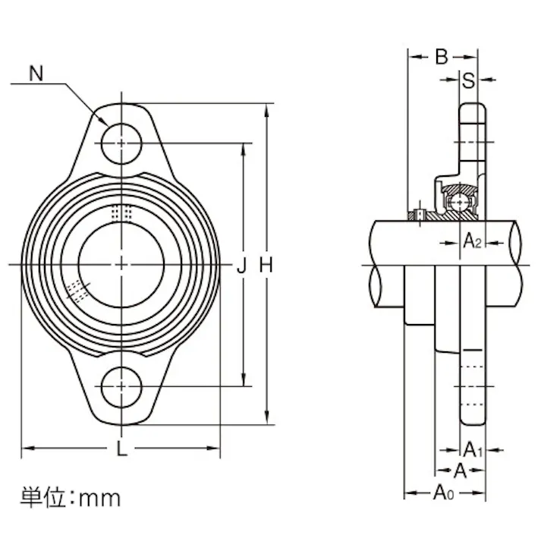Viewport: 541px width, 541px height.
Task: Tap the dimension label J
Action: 242,265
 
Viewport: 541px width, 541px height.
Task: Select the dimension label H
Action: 266,265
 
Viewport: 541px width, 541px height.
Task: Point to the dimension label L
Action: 121,448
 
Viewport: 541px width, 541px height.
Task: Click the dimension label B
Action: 442,57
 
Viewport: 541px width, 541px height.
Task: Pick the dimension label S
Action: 469,80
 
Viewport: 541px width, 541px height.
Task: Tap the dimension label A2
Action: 473,242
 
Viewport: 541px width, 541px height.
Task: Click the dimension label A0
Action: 444,494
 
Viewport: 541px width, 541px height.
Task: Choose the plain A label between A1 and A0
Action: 459,471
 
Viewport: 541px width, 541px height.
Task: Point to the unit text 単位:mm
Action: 70,498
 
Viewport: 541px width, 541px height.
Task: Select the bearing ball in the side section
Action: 458,203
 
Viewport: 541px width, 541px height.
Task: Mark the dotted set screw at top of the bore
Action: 121,212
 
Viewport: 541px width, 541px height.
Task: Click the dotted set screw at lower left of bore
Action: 77,290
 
